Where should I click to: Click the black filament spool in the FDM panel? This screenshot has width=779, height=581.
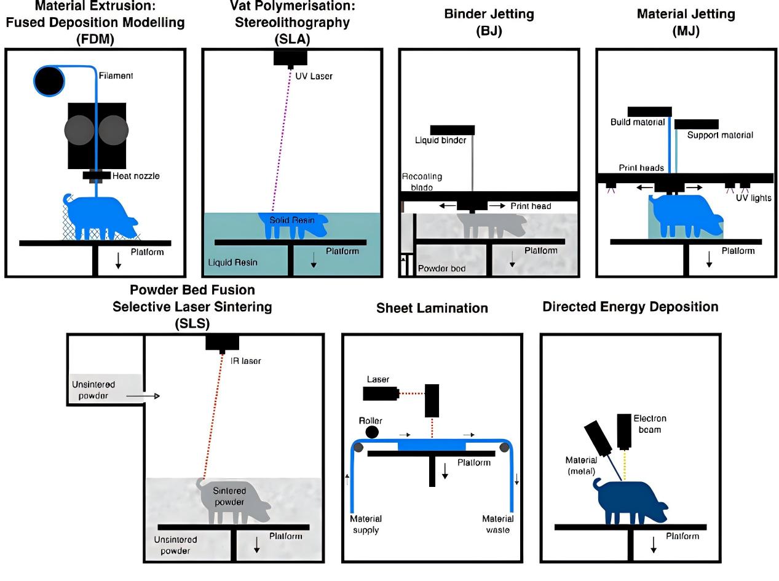(49, 81)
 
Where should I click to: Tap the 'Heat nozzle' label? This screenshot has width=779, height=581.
(136, 176)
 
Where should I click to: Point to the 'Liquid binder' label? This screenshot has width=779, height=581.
(441, 140)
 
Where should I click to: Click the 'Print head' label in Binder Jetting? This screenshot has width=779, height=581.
(531, 206)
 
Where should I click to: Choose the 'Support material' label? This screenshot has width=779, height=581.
(719, 135)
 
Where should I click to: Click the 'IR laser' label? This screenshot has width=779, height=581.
(245, 361)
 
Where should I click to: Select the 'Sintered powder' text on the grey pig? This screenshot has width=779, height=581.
(229, 496)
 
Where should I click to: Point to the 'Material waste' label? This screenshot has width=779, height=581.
(497, 524)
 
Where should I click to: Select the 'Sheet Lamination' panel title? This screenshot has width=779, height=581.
(432, 308)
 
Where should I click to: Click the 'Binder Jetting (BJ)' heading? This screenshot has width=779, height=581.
(489, 22)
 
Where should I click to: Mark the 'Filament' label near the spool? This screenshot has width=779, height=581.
(116, 76)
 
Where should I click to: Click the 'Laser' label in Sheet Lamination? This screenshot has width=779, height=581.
(378, 380)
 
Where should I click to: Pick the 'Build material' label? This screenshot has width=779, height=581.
(638, 122)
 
